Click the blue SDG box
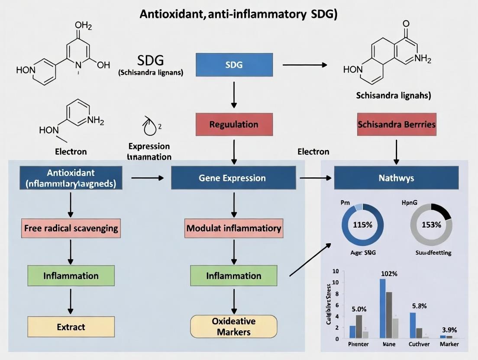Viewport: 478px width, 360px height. click(234, 65)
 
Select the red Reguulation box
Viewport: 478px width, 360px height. click(234, 124)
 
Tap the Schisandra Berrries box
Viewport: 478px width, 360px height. click(397, 124)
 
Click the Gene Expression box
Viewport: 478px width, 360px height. click(233, 178)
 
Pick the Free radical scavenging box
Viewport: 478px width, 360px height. click(71, 228)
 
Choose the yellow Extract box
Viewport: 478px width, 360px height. click(71, 327)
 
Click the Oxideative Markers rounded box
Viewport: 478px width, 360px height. click(233, 327)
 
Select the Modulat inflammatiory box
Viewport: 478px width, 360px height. click(234, 228)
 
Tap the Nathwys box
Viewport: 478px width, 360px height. click(396, 178)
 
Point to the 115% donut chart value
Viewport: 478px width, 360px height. click(362, 225)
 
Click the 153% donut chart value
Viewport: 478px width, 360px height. click(431, 225)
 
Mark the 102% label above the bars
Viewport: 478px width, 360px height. click(389, 273)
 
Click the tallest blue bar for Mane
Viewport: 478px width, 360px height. click(383, 308)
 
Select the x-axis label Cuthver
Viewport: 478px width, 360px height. click(419, 344)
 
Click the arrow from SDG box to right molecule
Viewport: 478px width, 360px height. click(304, 65)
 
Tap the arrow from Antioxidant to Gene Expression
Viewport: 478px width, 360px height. click(147, 178)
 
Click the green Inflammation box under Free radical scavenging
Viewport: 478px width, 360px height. click(71, 276)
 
